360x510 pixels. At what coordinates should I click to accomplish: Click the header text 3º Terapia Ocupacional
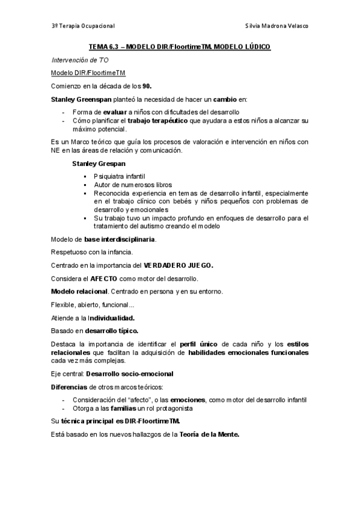click(x=84, y=26)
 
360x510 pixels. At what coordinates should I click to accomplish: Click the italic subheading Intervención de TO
click(x=79, y=60)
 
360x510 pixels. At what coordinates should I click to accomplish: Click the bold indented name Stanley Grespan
click(x=99, y=163)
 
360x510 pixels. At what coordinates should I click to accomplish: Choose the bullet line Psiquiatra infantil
click(x=120, y=176)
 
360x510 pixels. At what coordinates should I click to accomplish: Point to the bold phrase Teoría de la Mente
click(x=209, y=434)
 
